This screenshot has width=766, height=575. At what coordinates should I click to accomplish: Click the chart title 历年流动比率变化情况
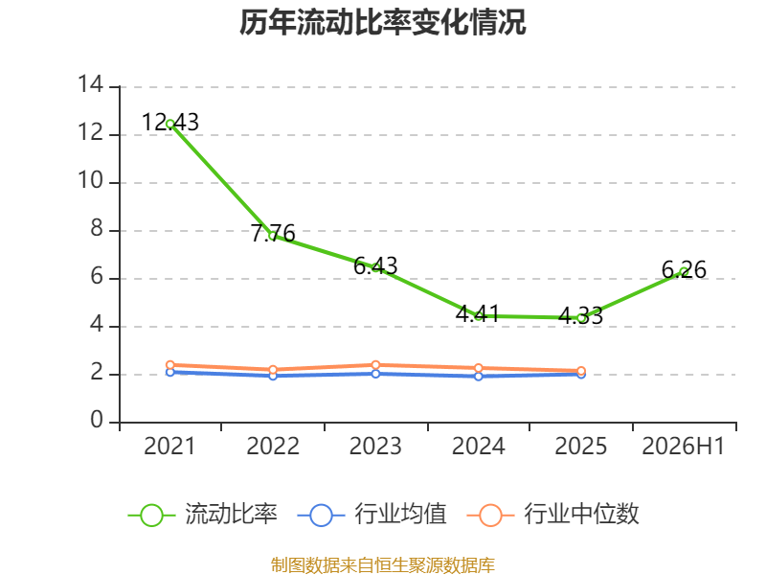pyautogui.click(x=382, y=22)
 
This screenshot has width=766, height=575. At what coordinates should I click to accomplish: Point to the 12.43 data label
pyautogui.click(x=170, y=122)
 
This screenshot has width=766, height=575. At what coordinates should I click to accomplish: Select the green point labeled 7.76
pyautogui.click(x=273, y=236)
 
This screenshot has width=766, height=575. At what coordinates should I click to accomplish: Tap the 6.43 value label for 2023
pyautogui.click(x=375, y=266)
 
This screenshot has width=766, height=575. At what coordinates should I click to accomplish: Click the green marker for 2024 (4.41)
pyautogui.click(x=478, y=316)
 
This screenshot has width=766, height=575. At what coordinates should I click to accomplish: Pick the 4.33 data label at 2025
pyautogui.click(x=580, y=316)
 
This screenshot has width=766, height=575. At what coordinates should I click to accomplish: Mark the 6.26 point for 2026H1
pyautogui.click(x=684, y=272)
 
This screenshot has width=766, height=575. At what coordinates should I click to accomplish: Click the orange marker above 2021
pyautogui.click(x=170, y=365)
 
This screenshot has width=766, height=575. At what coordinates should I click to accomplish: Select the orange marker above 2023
pyautogui.click(x=375, y=365)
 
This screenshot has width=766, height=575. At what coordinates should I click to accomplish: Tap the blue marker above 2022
pyautogui.click(x=273, y=376)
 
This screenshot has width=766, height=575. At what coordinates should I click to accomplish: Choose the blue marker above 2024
pyautogui.click(x=478, y=376)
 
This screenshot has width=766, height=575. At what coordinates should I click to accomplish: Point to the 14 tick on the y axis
pyautogui.click(x=91, y=84)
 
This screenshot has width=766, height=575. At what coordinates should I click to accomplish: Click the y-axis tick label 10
pyautogui.click(x=91, y=180)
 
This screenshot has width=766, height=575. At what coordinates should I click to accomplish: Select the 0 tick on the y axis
pyautogui.click(x=97, y=420)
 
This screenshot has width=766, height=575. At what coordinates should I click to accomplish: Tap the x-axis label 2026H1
pyautogui.click(x=683, y=446)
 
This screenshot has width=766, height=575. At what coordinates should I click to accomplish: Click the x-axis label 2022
pyautogui.click(x=273, y=446)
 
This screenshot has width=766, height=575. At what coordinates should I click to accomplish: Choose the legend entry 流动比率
pyautogui.click(x=203, y=515)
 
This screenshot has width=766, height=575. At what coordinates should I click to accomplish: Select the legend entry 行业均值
pyautogui.click(x=372, y=515)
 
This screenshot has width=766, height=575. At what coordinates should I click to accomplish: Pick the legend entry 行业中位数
pyautogui.click(x=553, y=515)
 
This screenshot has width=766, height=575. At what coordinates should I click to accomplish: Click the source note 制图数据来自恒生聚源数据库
pyautogui.click(x=382, y=564)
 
